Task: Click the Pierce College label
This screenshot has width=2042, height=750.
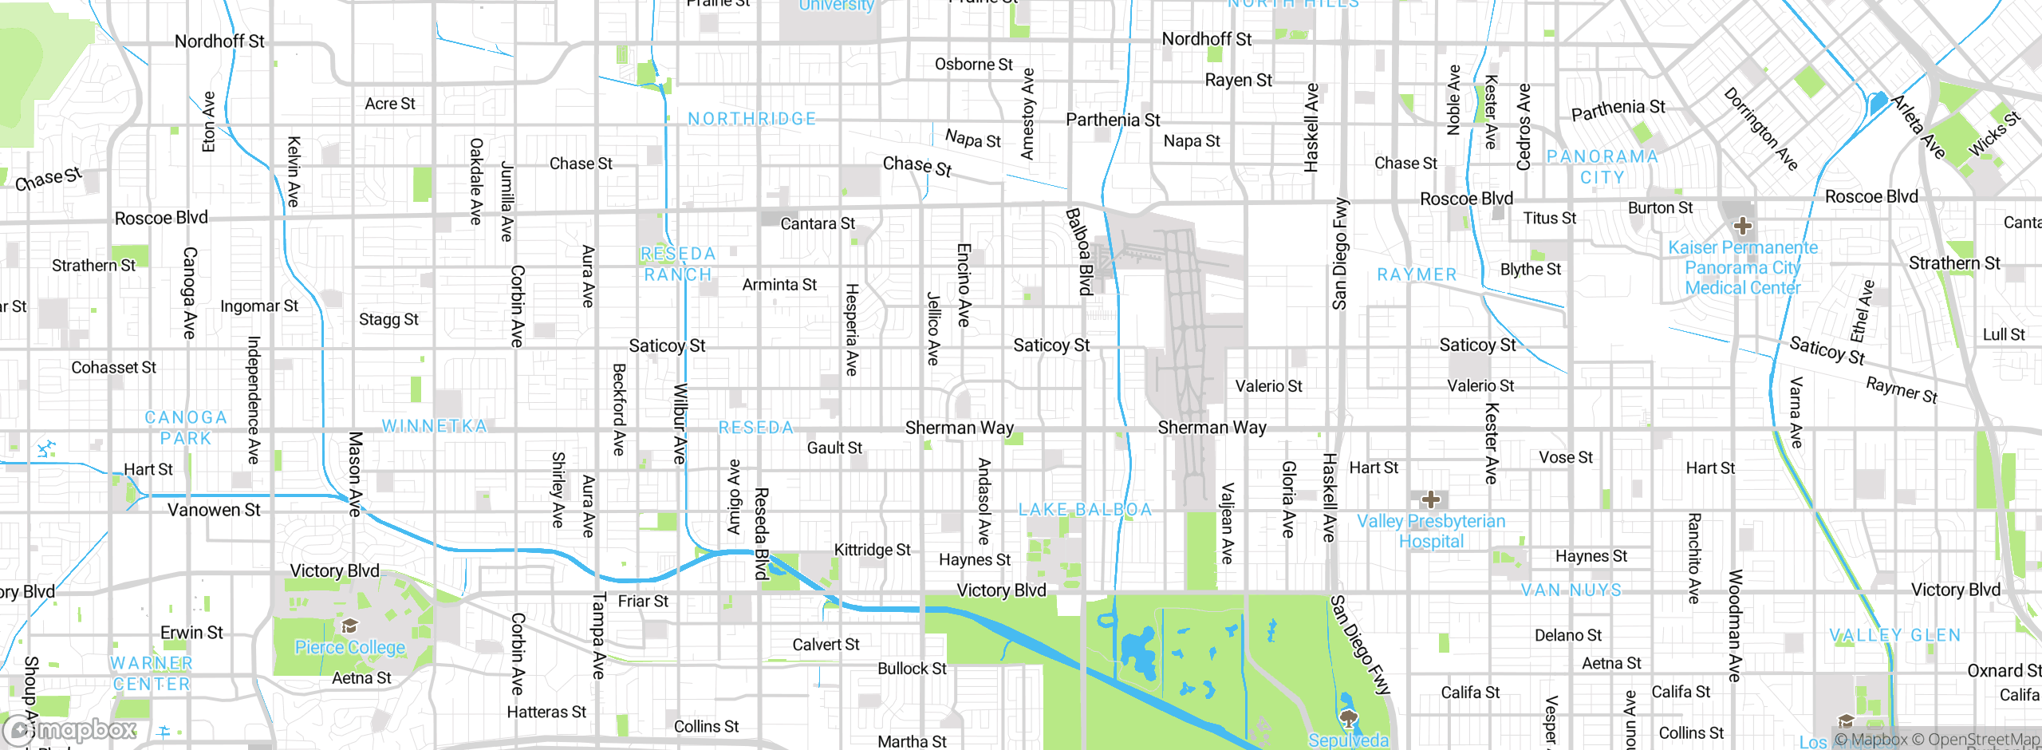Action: (x=349, y=647)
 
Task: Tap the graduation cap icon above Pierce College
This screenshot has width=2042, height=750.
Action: (x=349, y=626)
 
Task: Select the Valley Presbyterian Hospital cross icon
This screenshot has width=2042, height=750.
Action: (x=1431, y=500)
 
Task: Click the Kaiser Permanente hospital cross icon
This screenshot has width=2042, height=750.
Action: (x=1743, y=226)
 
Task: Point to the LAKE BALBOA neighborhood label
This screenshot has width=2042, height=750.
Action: (x=1085, y=510)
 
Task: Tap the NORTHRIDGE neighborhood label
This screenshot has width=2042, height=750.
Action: (x=752, y=119)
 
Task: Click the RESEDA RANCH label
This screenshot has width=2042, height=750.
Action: (x=678, y=264)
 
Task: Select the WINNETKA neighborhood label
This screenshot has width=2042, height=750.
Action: (x=434, y=426)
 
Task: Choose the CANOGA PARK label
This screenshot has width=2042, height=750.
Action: (x=186, y=428)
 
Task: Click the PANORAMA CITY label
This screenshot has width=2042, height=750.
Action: (x=1602, y=167)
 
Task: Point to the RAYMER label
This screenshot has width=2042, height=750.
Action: (x=1417, y=274)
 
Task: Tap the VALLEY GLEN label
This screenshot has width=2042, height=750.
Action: (x=1894, y=635)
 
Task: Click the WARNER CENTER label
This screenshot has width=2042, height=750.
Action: (x=152, y=673)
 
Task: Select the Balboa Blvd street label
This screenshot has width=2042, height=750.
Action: (x=1079, y=251)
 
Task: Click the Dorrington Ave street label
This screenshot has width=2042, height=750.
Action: (x=1760, y=129)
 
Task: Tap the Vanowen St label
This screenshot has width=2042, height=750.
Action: (x=214, y=510)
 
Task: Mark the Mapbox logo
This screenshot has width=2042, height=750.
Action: (x=70, y=730)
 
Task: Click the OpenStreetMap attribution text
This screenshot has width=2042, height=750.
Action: (x=1975, y=740)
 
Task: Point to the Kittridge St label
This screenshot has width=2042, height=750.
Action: (x=872, y=550)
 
